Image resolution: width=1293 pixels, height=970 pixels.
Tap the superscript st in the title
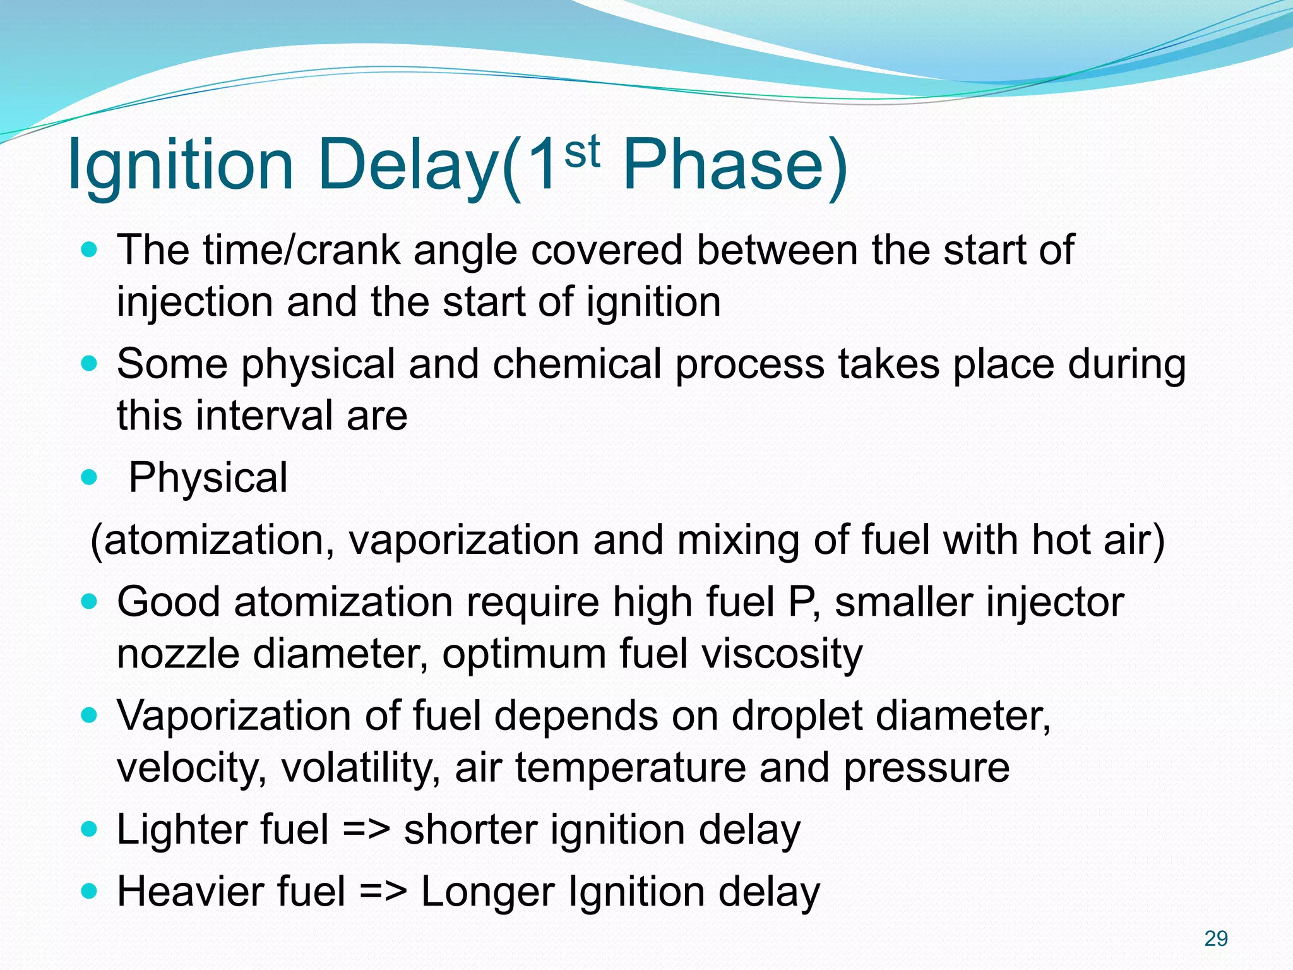(581, 152)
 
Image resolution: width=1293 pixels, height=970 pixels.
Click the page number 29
(1216, 938)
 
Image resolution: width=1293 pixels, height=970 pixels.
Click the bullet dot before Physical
(90, 477)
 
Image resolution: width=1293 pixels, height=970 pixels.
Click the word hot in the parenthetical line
(1060, 541)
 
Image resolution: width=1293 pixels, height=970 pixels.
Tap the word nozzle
(178, 654)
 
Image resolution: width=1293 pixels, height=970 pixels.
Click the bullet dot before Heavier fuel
(90, 892)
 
